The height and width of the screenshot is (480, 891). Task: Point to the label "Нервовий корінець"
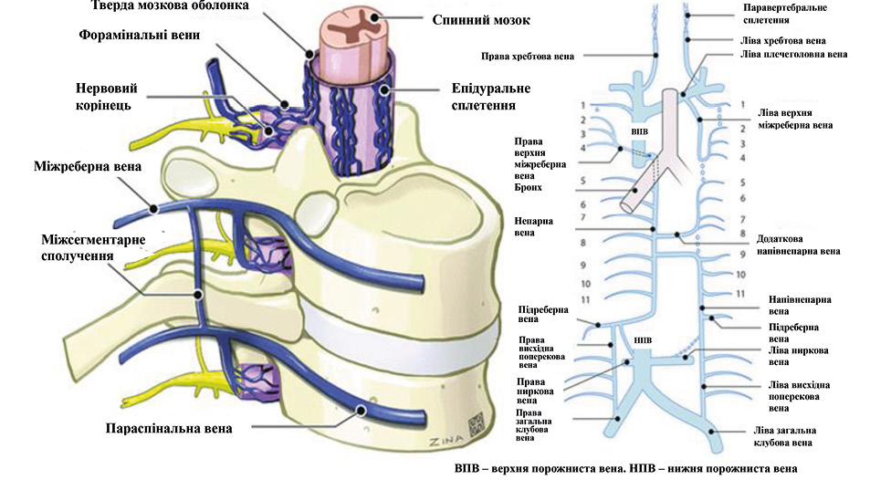tap(112, 96)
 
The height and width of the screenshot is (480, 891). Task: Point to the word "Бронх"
tap(528, 187)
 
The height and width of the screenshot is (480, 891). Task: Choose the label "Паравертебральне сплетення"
tap(781, 13)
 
